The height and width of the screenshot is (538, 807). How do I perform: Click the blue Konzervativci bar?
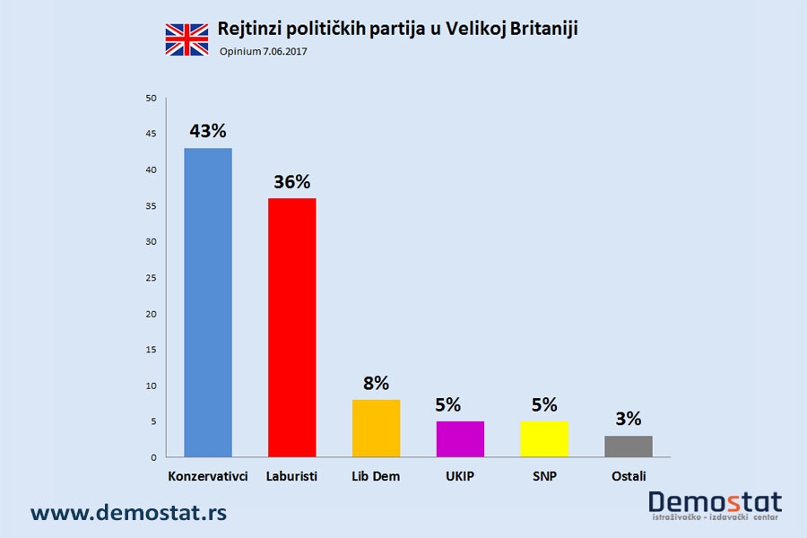[x=208, y=303]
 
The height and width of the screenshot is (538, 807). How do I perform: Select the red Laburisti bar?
[x=291, y=328]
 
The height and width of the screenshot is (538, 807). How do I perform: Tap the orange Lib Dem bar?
[x=376, y=429]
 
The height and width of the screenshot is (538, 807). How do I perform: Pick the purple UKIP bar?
[x=460, y=439]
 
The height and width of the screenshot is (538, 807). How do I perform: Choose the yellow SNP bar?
[x=544, y=439]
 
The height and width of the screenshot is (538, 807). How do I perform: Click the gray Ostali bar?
[x=629, y=447]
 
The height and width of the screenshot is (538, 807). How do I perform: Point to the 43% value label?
[x=207, y=131]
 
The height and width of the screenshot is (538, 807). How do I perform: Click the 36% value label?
[x=291, y=181]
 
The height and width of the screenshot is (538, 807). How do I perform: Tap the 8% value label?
[x=376, y=383]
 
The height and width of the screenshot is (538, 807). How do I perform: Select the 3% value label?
[x=629, y=419]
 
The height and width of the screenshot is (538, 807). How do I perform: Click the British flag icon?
[x=187, y=39]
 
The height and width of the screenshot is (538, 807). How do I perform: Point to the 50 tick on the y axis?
[x=151, y=98]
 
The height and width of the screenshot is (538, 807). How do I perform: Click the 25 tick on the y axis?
[x=151, y=278]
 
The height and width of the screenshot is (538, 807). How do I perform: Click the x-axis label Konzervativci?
[x=208, y=476]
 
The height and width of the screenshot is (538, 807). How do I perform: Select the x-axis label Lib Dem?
[x=376, y=476]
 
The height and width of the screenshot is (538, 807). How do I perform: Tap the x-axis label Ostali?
[x=629, y=476]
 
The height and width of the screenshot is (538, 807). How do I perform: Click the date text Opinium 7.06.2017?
[x=264, y=52]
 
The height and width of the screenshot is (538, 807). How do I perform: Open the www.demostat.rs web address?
[x=128, y=513]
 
